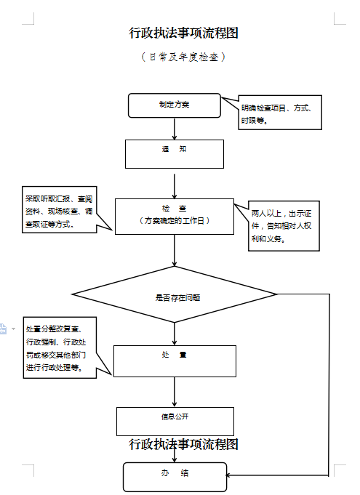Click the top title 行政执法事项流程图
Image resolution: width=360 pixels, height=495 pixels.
[x=183, y=33]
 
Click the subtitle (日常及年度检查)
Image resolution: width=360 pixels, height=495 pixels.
[x=183, y=57]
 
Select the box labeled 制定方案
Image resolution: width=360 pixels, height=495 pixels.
[x=175, y=105]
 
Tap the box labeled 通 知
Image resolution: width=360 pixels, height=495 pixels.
[x=175, y=154]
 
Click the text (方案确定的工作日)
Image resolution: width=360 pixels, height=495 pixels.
[x=175, y=220]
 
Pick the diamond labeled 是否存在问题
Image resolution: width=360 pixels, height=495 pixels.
[x=175, y=294]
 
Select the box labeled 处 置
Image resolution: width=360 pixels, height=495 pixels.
[x=175, y=361]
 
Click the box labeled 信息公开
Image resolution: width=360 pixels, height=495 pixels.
[x=175, y=422]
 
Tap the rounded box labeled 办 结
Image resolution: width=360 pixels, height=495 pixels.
[x=175, y=477]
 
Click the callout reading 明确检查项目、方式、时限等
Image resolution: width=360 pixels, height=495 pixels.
[x=280, y=113]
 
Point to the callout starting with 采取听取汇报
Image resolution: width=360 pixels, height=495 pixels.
[x=60, y=209]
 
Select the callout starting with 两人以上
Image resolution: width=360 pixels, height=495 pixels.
[x=284, y=226]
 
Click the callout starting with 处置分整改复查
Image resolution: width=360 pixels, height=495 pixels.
[x=60, y=347]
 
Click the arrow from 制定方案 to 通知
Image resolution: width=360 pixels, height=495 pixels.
[x=175, y=129]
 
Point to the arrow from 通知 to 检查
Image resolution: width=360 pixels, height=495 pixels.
[x=175, y=186]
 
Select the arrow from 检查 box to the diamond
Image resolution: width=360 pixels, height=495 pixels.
[x=175, y=250]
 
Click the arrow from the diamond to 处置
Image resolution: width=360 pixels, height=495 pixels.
[x=175, y=334]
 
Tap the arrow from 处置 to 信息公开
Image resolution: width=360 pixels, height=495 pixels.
[x=175, y=392]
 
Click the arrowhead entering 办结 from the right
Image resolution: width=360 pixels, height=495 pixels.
[x=228, y=475]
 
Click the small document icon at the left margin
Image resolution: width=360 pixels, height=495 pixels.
[x=3, y=329]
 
